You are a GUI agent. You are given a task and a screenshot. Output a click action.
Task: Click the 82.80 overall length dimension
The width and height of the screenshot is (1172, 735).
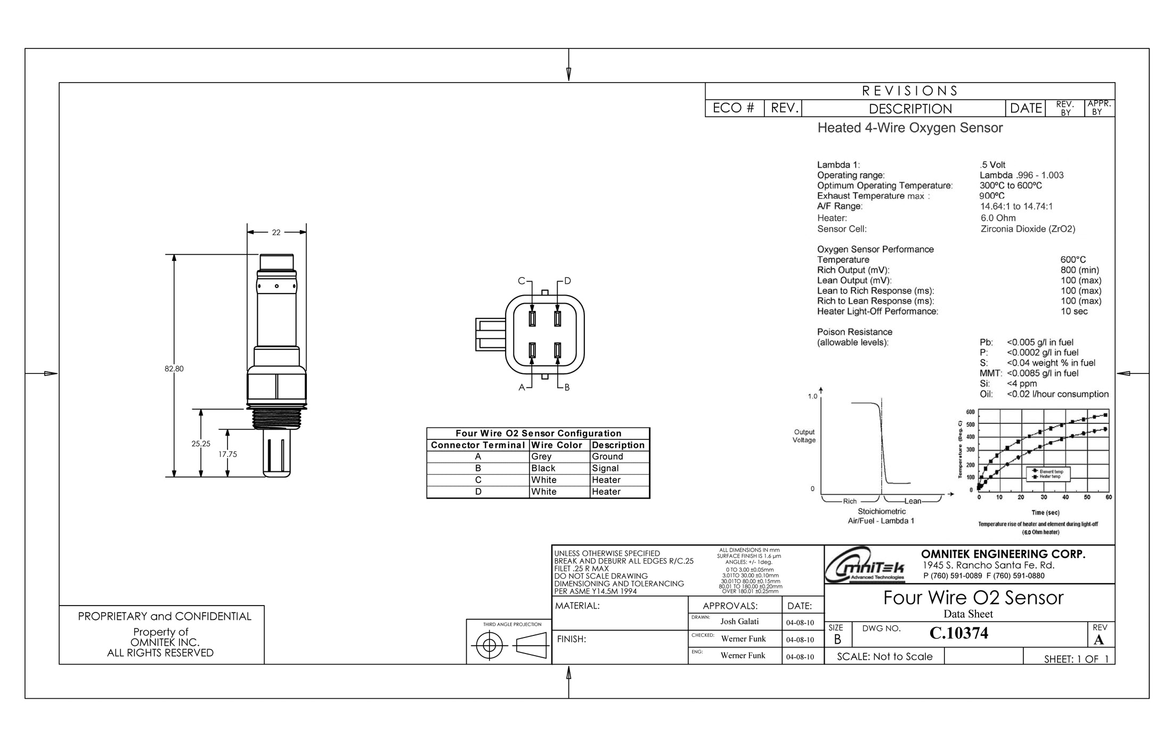coord(174,369)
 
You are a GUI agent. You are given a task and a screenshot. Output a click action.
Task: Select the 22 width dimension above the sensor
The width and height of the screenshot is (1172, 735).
coord(276,232)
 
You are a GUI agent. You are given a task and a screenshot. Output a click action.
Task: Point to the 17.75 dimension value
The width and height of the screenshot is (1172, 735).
coord(227,454)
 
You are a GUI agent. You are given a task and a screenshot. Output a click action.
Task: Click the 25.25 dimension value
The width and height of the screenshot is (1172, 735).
coord(201,444)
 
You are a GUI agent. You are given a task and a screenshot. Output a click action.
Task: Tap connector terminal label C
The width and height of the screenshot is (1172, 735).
coord(521,281)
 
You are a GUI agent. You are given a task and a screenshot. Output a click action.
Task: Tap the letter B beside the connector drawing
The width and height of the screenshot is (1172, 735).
coord(567,387)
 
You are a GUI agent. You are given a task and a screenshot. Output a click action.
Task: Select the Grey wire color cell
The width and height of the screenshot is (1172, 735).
coord(541,456)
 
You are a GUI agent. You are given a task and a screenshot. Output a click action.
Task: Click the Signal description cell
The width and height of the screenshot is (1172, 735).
coord(605,468)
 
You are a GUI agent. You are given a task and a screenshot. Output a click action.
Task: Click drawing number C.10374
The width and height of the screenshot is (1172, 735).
coord(958,633)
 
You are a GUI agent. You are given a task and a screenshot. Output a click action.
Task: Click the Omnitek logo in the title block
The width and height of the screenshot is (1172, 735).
coord(864,565)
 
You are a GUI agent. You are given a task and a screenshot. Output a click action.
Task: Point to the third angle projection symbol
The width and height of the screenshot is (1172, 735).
coord(509,646)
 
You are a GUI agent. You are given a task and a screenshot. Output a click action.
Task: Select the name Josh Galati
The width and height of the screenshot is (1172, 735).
coord(739,622)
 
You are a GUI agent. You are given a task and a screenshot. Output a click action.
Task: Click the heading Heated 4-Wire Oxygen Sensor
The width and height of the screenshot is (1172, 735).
coord(910,128)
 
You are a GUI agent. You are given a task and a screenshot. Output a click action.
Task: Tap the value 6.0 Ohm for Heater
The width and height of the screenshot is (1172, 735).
coord(998,218)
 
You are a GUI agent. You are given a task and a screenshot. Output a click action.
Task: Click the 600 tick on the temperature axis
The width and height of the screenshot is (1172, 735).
coord(970,412)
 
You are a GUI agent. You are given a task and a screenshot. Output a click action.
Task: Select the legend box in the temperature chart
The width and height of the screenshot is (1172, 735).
coord(1047,473)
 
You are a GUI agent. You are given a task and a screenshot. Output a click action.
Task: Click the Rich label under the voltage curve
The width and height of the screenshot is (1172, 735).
coord(850,501)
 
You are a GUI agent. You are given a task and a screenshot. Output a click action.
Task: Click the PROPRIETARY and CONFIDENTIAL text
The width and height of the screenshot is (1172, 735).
coord(164,616)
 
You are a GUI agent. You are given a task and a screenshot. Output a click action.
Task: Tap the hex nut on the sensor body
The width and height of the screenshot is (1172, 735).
coord(276,386)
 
